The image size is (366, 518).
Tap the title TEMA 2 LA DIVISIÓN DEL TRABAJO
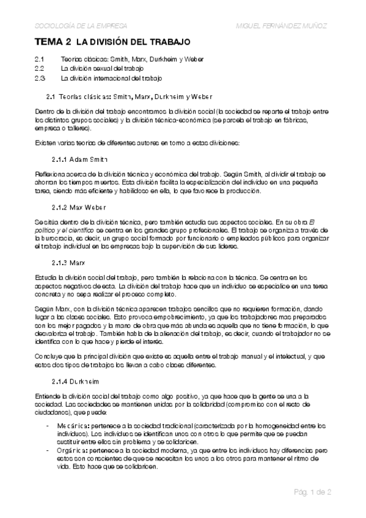pyautogui.click(x=112, y=42)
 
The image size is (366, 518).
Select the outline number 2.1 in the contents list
pyautogui.click(x=40, y=59)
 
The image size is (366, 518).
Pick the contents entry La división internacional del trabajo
pyautogui.click(x=111, y=79)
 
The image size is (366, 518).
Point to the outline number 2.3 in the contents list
pyautogui.click(x=40, y=79)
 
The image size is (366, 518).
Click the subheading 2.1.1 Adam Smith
pyautogui.click(x=80, y=159)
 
